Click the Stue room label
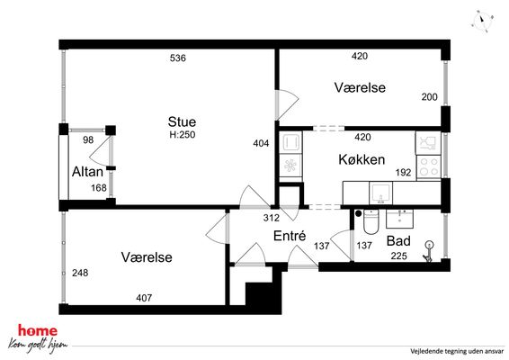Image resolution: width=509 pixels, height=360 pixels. (x=182, y=121)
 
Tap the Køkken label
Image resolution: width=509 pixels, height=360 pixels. (x=362, y=159)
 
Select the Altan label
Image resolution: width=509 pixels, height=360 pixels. (x=87, y=172)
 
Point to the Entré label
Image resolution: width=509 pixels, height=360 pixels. (x=290, y=236)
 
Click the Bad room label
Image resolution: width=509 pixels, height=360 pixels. (x=398, y=241)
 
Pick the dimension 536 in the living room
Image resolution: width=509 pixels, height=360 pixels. (x=178, y=58)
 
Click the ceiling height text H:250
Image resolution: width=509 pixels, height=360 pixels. (x=183, y=134)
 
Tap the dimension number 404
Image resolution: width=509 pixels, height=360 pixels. (x=261, y=143)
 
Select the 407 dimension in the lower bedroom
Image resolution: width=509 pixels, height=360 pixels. (x=144, y=298)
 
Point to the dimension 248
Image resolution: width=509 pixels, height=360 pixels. (x=80, y=273)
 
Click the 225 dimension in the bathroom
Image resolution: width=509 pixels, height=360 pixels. (x=398, y=256)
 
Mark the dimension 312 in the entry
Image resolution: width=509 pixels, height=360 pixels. (x=271, y=218)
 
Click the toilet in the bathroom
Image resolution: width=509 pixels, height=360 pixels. (x=371, y=221)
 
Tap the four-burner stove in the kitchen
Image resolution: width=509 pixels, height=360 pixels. (x=428, y=166)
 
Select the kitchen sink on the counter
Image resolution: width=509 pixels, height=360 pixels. (x=380, y=193)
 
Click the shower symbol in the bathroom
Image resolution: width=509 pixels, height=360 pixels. (x=428, y=251)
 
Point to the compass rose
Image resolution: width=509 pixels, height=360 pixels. (x=482, y=21)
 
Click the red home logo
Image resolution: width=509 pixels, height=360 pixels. (x=38, y=331)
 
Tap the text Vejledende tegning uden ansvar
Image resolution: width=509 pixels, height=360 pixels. (x=457, y=351)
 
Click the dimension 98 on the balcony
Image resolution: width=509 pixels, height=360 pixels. (x=88, y=140)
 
